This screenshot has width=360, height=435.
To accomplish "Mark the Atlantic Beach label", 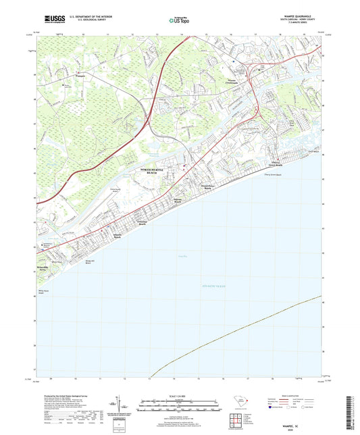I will pos(117,236).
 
